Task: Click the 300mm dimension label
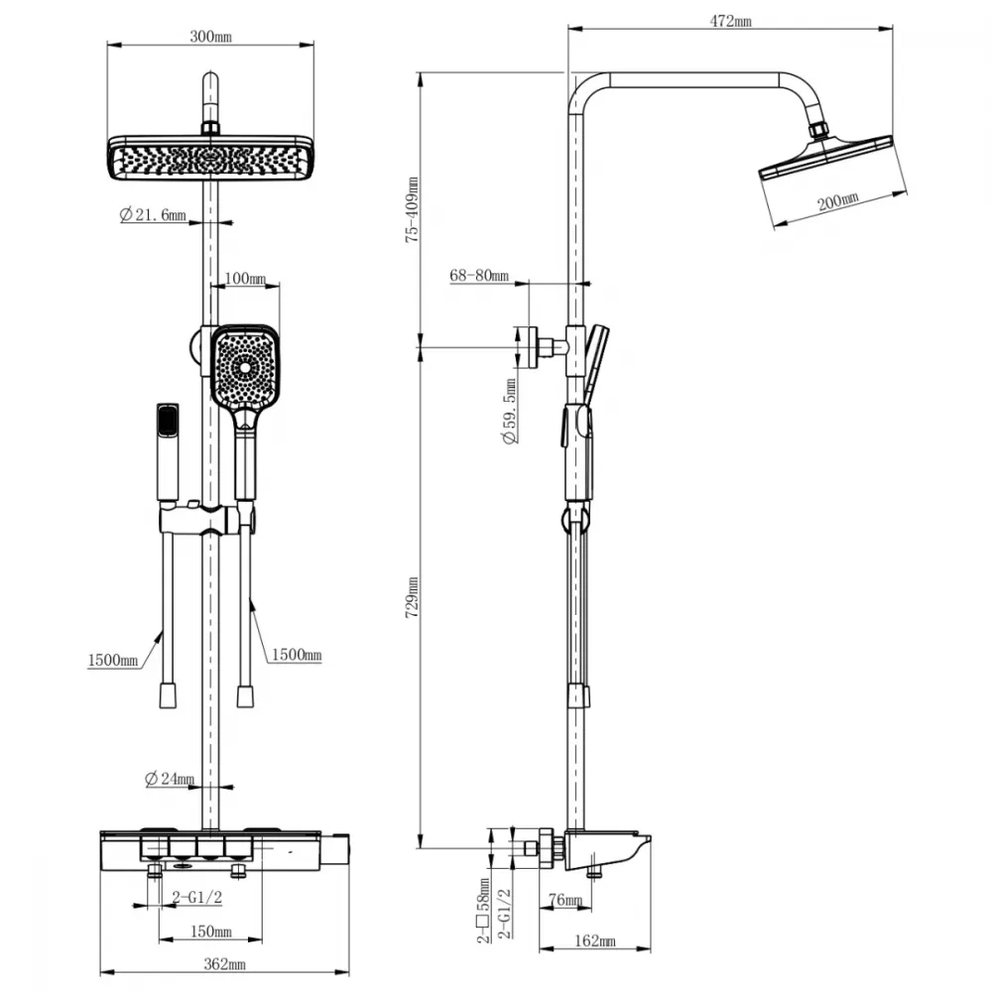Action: (210, 37)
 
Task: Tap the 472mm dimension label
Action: (731, 21)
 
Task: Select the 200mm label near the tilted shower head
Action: (837, 201)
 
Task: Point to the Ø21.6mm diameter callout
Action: (153, 215)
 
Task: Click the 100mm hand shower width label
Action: (245, 279)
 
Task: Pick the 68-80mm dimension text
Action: (479, 275)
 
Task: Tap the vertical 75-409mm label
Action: (412, 210)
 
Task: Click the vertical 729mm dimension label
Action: (412, 598)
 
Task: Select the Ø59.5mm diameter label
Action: (510, 412)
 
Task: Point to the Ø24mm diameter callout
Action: (170, 779)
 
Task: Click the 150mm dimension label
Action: (211, 931)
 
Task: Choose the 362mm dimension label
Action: (224, 964)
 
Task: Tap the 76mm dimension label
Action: (565, 899)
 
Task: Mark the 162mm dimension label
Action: (594, 940)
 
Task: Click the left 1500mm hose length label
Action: (113, 661)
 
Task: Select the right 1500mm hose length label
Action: (297, 654)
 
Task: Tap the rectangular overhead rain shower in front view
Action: (210, 158)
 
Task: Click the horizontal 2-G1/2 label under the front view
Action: (196, 897)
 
